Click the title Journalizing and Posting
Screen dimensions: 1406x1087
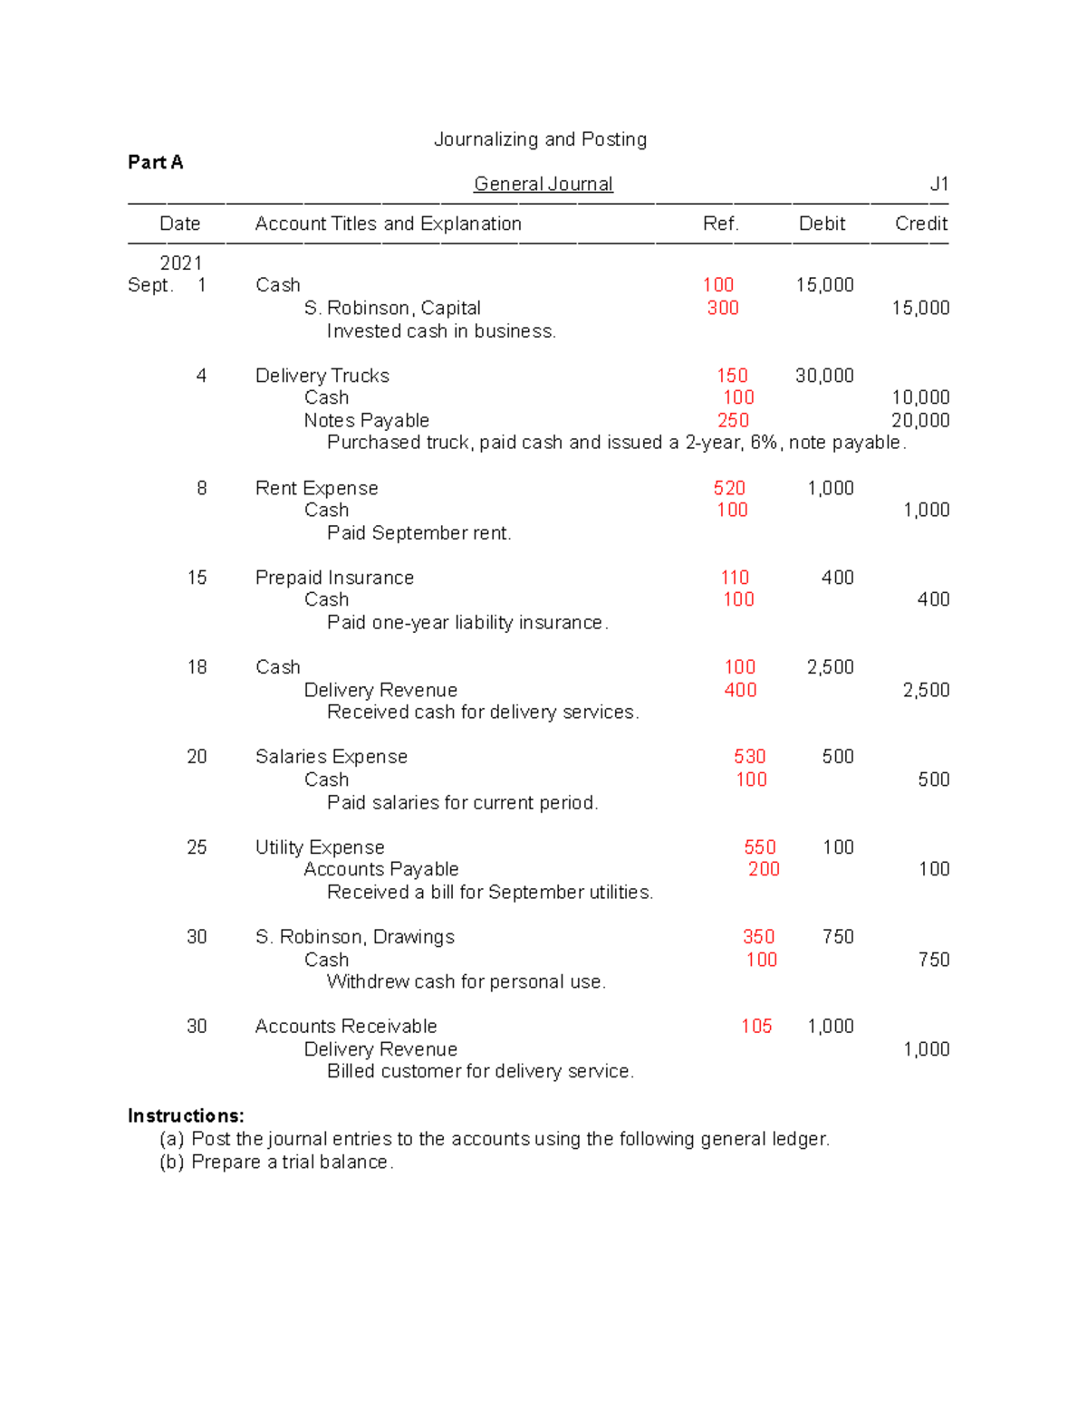[x=540, y=139]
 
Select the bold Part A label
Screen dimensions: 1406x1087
[x=155, y=162]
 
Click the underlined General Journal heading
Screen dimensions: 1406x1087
[x=543, y=184]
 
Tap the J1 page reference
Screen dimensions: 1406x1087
[x=938, y=184]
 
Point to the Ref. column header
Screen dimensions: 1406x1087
[x=720, y=224]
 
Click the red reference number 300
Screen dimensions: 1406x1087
[x=723, y=308]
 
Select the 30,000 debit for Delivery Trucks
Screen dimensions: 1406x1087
[x=824, y=376]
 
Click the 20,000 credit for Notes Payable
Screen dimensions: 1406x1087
[x=920, y=420]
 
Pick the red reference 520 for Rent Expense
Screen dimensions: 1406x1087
[x=729, y=488]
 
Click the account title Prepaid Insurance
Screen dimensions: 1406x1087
[x=334, y=578]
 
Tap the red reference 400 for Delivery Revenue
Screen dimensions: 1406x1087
[x=740, y=690]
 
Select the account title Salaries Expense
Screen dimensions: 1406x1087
[x=331, y=757]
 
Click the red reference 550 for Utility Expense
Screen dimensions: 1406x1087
[x=759, y=847]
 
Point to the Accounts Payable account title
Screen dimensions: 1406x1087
[x=380, y=869]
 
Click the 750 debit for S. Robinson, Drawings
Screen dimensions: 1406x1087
[x=838, y=937]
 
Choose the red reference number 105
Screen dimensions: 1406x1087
[x=756, y=1027]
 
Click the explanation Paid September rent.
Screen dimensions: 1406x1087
[x=418, y=533]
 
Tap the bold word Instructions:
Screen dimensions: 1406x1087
[x=186, y=1115]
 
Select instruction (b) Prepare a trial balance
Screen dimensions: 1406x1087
[x=276, y=1162]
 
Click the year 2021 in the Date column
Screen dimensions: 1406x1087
[x=180, y=263]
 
